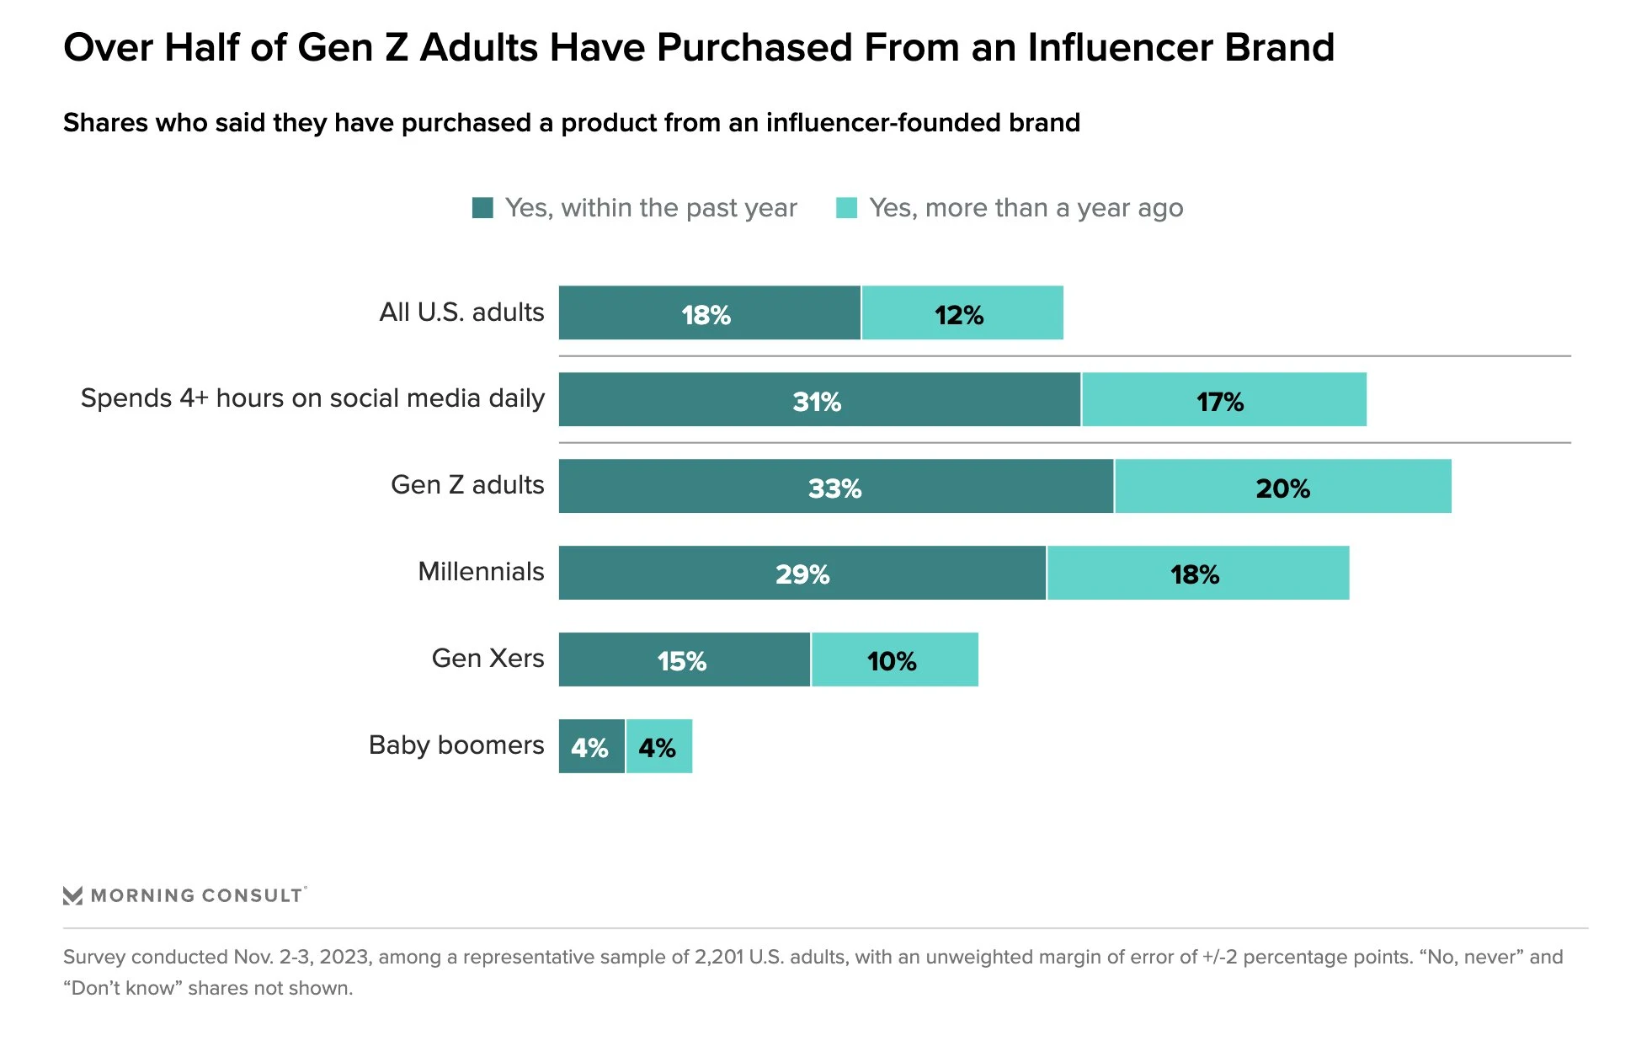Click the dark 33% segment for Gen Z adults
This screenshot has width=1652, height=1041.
tap(835, 486)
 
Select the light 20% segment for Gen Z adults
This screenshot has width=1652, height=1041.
tap(1282, 486)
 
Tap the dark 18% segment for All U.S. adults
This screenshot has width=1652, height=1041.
tap(709, 312)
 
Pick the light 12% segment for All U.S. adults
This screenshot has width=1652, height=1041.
tap(962, 312)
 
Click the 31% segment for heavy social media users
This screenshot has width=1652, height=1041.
tap(818, 399)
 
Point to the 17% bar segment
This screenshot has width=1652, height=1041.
tap(1223, 399)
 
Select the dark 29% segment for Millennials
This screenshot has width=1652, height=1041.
tap(802, 573)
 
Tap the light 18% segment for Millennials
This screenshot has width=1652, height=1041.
tap(1197, 573)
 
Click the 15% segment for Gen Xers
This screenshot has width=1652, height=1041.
tap(684, 659)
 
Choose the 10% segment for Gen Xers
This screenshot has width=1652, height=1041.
tap(894, 659)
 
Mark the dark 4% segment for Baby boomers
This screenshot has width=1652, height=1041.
tap(591, 746)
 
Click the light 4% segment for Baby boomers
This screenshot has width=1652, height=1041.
tap(658, 746)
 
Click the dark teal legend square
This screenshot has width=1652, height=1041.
tap(482, 207)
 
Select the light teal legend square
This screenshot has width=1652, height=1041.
tap(846, 207)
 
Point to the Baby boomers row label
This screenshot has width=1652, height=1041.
tap(456, 745)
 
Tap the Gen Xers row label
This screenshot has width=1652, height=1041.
tap(488, 658)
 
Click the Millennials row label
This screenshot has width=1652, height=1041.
tap(481, 571)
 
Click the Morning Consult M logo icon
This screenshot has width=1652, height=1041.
tap(73, 895)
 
